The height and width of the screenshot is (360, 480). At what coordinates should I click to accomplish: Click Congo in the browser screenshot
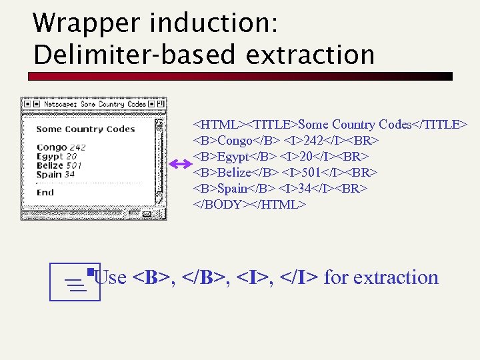[51, 147]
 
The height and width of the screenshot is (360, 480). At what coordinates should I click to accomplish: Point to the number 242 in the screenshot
[77, 147]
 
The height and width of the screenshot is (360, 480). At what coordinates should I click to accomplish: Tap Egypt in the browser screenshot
[50, 157]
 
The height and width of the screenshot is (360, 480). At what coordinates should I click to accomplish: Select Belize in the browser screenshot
[50, 165]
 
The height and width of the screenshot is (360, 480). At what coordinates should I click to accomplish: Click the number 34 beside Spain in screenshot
[69, 175]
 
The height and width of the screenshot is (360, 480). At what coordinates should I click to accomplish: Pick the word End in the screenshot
[45, 193]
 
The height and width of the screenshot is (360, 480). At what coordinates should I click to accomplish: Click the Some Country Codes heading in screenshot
[85, 129]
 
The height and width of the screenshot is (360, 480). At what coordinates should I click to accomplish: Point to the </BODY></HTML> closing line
[249, 205]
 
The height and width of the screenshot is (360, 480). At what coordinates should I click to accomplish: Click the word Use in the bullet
[111, 277]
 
